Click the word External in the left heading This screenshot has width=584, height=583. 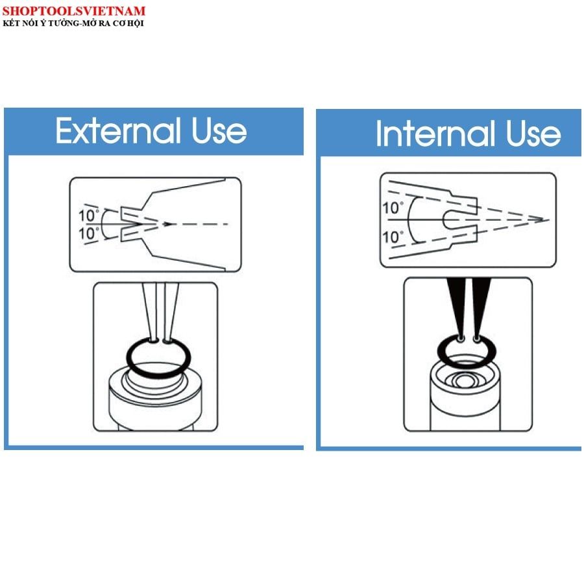click(x=119, y=130)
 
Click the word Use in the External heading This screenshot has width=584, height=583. click(x=219, y=130)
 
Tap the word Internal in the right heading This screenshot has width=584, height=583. click(x=435, y=133)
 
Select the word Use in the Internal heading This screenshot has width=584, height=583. click(x=533, y=133)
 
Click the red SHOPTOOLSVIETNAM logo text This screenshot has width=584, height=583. click(x=73, y=11)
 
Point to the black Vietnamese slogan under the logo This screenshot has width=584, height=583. click(x=73, y=23)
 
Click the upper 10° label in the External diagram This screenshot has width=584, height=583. click(x=89, y=215)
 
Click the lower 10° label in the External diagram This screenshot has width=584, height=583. click(x=89, y=233)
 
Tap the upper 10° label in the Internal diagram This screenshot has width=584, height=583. click(x=393, y=208)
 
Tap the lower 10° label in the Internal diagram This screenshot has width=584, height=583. click(x=393, y=237)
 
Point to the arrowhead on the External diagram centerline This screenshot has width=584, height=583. click(x=168, y=224)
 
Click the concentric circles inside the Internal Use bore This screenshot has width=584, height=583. click(x=463, y=381)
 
